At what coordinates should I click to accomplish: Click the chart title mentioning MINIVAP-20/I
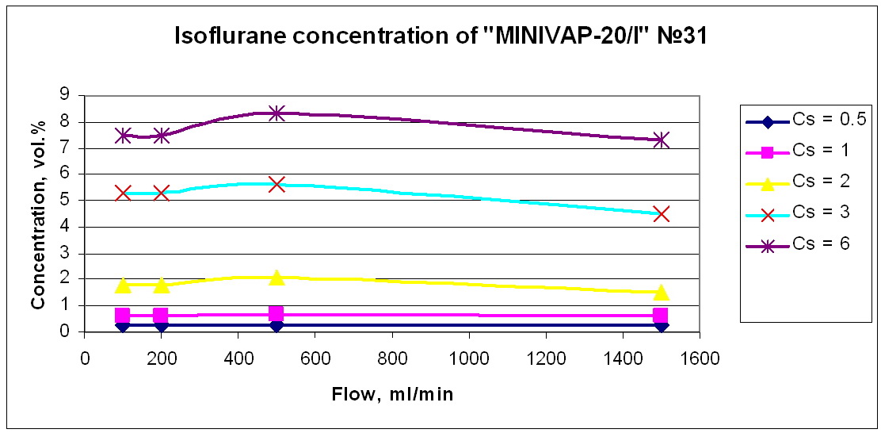click(440, 36)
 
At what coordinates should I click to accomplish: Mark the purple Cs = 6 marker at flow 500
click(277, 113)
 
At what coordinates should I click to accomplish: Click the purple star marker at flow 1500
click(662, 140)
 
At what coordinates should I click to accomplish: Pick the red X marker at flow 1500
click(662, 213)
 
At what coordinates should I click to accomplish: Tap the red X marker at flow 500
click(277, 184)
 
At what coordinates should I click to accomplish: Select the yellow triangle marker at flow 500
click(277, 277)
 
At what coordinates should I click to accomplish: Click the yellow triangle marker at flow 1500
click(662, 292)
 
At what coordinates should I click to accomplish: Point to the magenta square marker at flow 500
click(277, 314)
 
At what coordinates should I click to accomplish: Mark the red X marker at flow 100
click(123, 193)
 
